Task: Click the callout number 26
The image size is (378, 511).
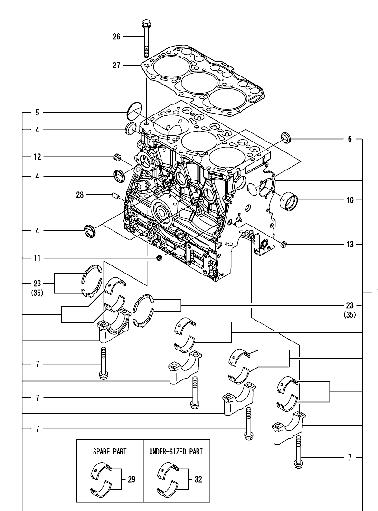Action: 117,36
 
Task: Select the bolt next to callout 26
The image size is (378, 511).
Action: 145,38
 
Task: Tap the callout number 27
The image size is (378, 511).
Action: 117,66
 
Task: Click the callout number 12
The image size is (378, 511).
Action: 37,157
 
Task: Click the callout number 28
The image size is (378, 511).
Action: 80,194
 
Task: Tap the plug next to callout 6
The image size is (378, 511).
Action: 286,137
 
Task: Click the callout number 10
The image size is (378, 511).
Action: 350,200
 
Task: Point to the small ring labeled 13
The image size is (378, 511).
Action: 283,245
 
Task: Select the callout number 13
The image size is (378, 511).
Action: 350,245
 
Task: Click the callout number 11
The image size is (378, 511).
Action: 37,258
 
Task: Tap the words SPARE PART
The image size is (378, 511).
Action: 110,451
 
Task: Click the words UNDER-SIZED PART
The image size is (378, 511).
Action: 176,451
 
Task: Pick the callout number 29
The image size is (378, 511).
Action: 131,480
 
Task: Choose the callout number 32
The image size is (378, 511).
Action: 198,480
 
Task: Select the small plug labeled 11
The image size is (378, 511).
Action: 160,258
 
